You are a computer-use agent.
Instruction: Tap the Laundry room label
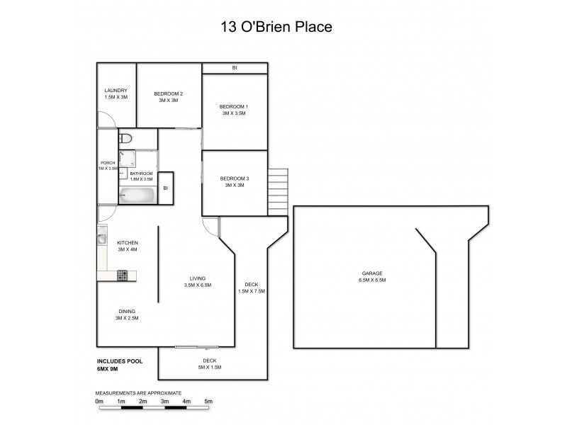click(115, 90)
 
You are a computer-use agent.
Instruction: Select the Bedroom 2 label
click(169, 94)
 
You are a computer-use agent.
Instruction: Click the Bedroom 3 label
click(234, 178)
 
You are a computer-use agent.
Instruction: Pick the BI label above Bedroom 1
click(235, 68)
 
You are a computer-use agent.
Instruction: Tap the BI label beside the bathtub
click(165, 188)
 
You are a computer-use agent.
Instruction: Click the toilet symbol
click(125, 138)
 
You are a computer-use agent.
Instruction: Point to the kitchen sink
click(101, 239)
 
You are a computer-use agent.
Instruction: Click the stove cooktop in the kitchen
click(122, 275)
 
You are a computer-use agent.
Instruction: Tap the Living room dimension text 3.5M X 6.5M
click(197, 285)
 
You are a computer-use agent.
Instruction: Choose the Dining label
click(128, 312)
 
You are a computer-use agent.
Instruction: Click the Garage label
click(371, 273)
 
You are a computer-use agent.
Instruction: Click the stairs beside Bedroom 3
click(279, 183)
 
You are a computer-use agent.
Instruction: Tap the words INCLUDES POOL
click(120, 361)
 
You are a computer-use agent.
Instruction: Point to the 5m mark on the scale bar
click(208, 402)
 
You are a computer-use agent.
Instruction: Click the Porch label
click(108, 163)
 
